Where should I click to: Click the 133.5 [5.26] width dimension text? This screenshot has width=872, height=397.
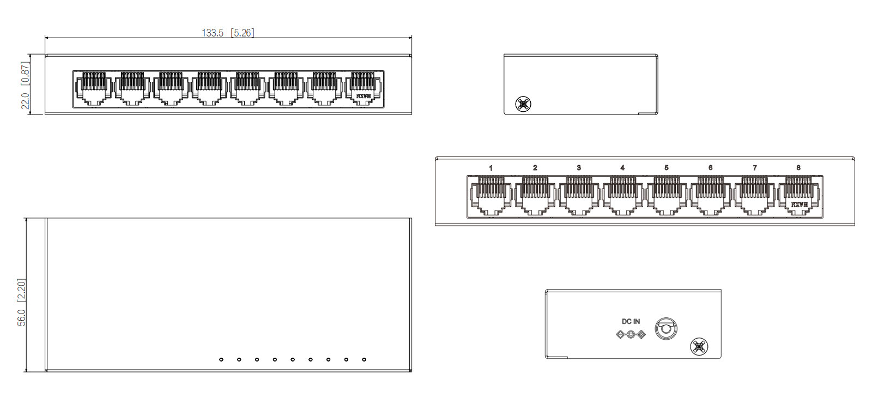[x=228, y=33]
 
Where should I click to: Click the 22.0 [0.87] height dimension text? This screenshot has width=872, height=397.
[x=25, y=85]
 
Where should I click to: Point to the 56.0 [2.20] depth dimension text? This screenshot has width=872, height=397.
[x=22, y=303]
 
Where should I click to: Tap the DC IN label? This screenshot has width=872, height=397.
[x=631, y=322]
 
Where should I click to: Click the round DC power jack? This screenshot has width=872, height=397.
[x=665, y=329]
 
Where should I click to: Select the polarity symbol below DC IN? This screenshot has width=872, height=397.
[x=631, y=334]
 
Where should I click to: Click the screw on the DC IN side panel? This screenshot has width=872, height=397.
[x=699, y=346]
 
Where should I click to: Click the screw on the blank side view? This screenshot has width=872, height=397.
[x=523, y=104]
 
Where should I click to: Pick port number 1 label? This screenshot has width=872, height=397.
[x=491, y=168]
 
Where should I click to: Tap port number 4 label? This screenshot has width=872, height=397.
[x=622, y=168]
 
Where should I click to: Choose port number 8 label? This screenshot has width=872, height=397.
[x=798, y=168]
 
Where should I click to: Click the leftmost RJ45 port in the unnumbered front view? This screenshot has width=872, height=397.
[x=94, y=88]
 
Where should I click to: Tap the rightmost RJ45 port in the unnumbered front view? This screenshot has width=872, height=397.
[x=363, y=88]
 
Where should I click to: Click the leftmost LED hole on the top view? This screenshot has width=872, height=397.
[x=221, y=359]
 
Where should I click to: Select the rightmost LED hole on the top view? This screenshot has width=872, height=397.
[x=364, y=359]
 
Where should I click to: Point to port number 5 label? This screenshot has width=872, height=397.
[x=667, y=168]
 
